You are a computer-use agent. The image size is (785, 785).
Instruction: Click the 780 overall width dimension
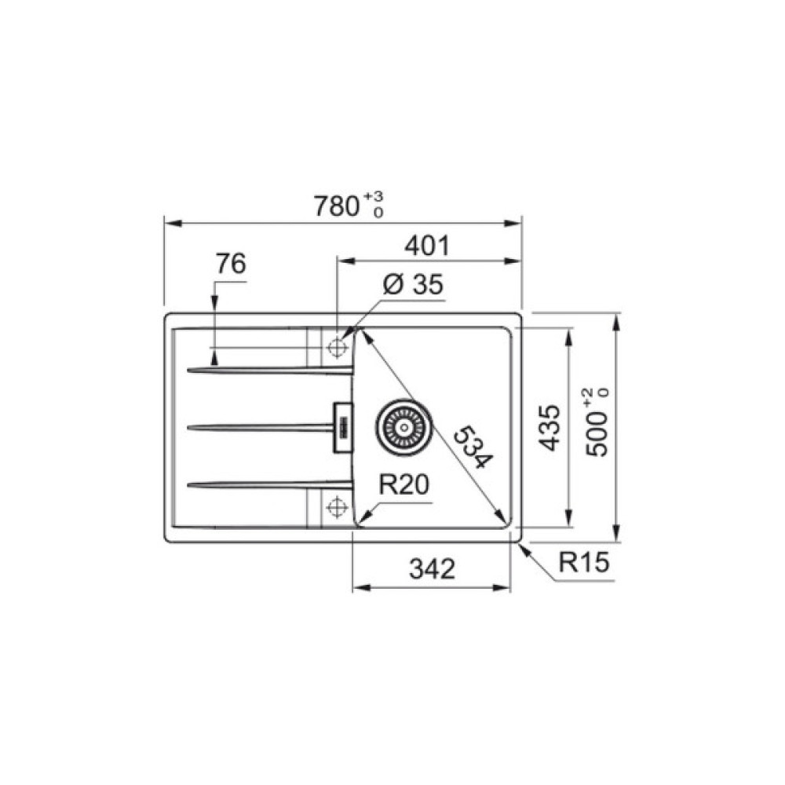337,206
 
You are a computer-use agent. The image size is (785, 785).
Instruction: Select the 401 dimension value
428,246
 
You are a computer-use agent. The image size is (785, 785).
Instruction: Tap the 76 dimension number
231,264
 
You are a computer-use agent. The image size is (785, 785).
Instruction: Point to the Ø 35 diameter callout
413,284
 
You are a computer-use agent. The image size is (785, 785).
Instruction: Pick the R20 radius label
403,484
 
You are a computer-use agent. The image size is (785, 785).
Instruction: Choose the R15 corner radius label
584,562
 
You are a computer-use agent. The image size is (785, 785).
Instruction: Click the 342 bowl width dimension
432,569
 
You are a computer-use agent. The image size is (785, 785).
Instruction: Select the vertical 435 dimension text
550,428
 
